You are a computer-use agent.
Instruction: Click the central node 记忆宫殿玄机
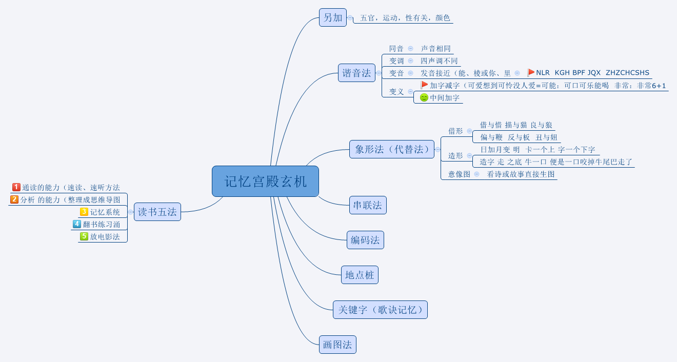pos(265,181)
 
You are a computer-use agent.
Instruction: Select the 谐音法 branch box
pos(356,73)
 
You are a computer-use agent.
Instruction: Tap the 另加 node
pos(332,17)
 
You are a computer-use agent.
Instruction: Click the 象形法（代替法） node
pos(391,149)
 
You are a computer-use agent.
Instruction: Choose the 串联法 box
pos(367,205)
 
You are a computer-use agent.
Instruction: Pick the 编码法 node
pos(365,240)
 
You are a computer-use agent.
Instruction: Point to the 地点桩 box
pos(360,275)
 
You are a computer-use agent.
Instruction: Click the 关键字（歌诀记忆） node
pos(380,310)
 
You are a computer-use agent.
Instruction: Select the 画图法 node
pos(337,345)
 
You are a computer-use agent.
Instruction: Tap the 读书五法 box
pos(157,212)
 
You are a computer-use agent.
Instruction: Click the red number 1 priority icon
pos(16,187)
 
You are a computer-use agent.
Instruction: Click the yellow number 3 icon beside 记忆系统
pos(84,212)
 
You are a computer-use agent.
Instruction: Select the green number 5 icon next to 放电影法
pos(84,236)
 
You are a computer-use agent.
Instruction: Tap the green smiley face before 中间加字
pos(424,97)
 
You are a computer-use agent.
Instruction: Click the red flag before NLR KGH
pos(531,73)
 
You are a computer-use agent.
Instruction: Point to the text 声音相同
pos(435,49)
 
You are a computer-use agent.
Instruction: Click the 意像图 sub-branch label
pos(459,174)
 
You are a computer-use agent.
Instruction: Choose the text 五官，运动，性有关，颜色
pos(405,18)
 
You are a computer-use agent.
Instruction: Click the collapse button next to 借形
pos(469,131)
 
